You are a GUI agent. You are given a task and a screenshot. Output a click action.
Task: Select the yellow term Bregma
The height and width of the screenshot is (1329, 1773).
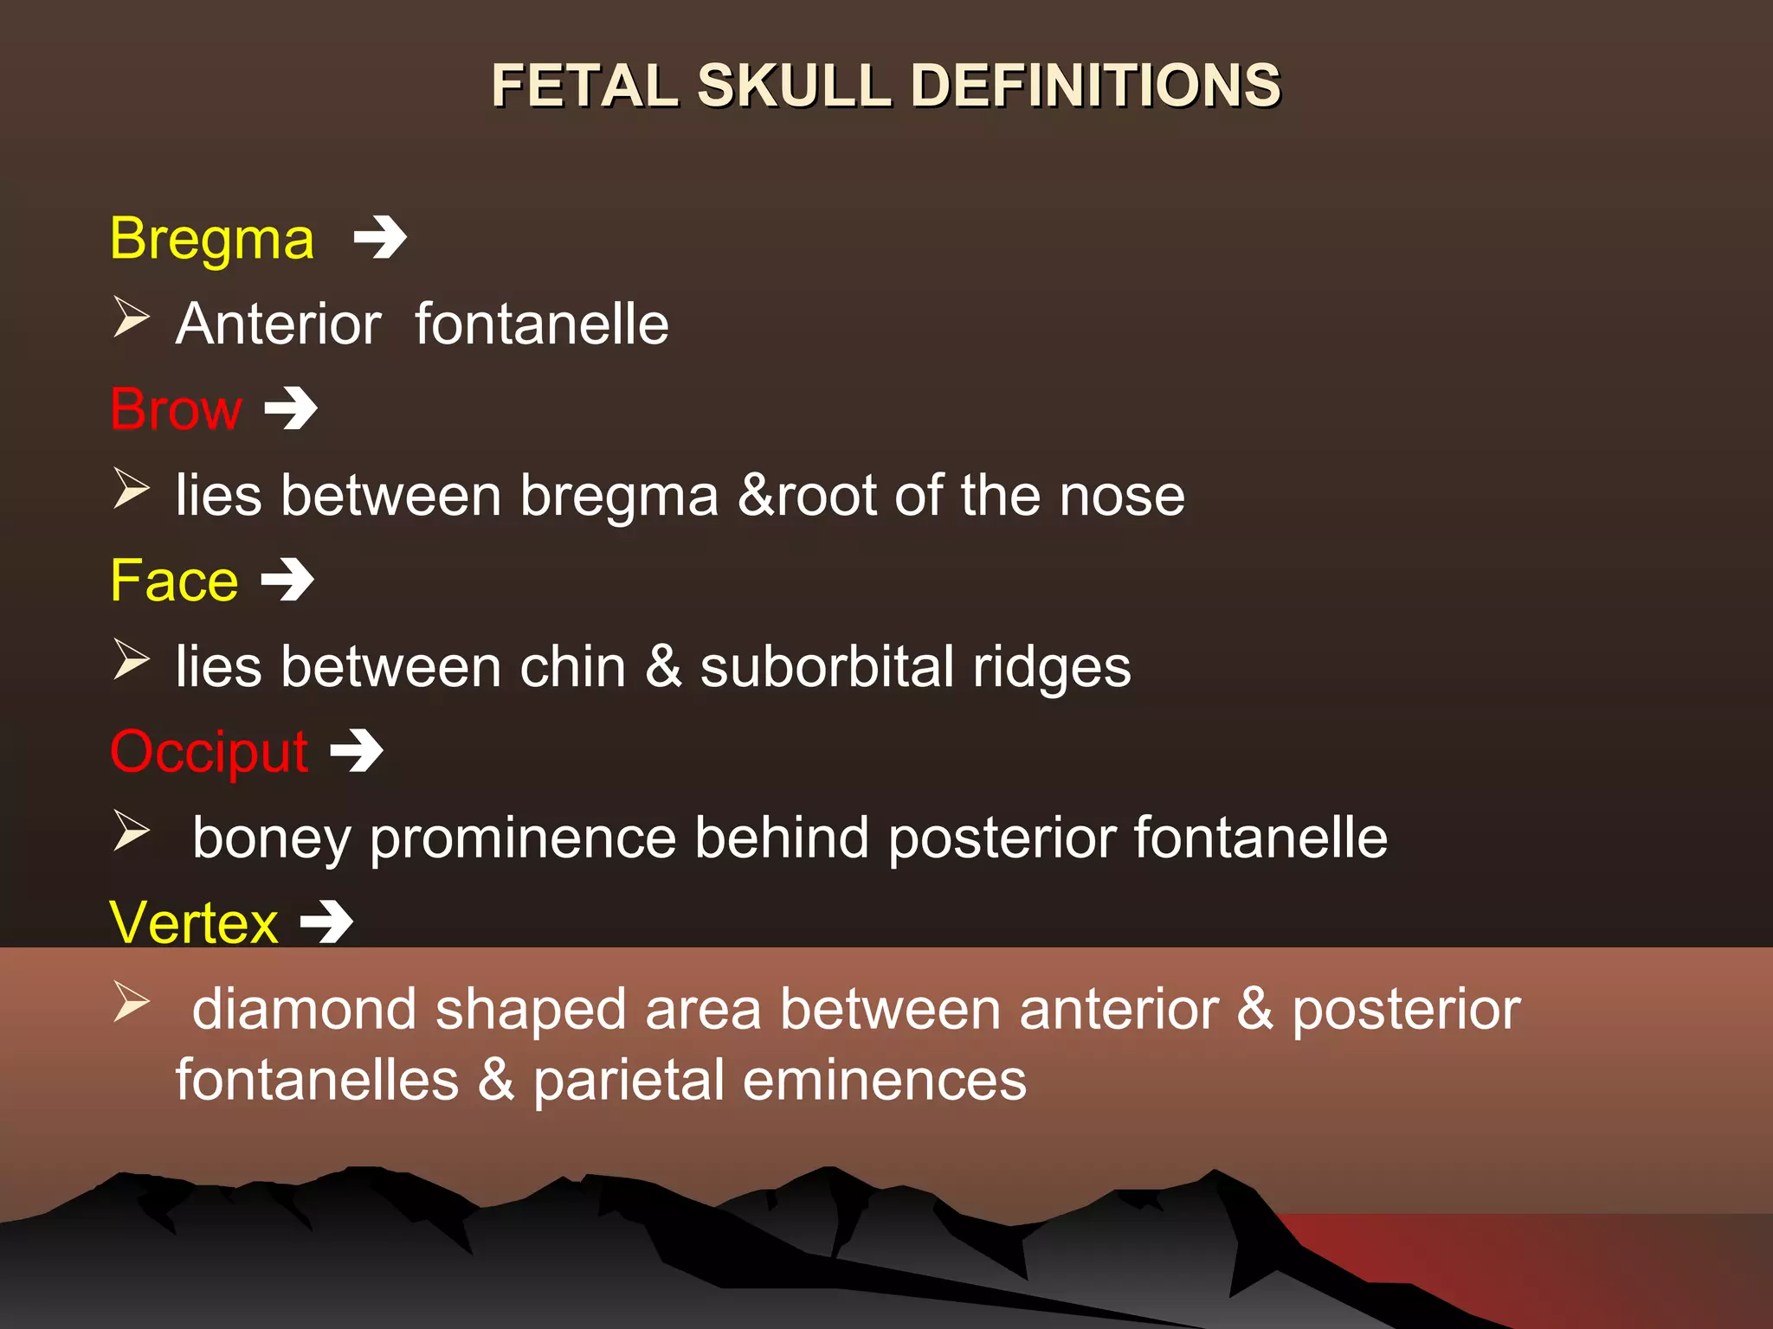(212, 239)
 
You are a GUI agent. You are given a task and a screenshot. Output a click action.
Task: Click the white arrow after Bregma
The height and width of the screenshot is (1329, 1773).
(381, 238)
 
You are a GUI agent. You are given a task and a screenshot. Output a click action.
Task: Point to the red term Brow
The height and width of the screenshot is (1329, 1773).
(176, 409)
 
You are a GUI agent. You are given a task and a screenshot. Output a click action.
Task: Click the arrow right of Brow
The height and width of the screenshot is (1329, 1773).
(291, 408)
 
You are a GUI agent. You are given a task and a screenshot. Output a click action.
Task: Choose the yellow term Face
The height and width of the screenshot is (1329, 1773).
(174, 581)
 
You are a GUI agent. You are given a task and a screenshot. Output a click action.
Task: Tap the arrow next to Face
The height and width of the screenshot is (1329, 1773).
(287, 580)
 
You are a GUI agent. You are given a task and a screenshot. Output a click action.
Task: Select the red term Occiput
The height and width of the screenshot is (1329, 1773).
(209, 752)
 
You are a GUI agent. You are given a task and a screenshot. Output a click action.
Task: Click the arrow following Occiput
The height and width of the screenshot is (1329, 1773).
(357, 751)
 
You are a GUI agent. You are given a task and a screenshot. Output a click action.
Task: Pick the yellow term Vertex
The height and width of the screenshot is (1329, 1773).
(194, 923)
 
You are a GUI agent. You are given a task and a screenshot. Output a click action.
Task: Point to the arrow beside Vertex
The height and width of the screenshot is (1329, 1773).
(326, 922)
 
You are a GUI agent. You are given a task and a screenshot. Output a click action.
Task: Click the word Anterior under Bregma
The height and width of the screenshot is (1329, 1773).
(278, 324)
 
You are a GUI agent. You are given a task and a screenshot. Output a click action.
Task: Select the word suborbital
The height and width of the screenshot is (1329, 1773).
(826, 668)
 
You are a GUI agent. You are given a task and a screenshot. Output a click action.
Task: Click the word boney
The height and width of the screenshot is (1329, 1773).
(272, 839)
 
